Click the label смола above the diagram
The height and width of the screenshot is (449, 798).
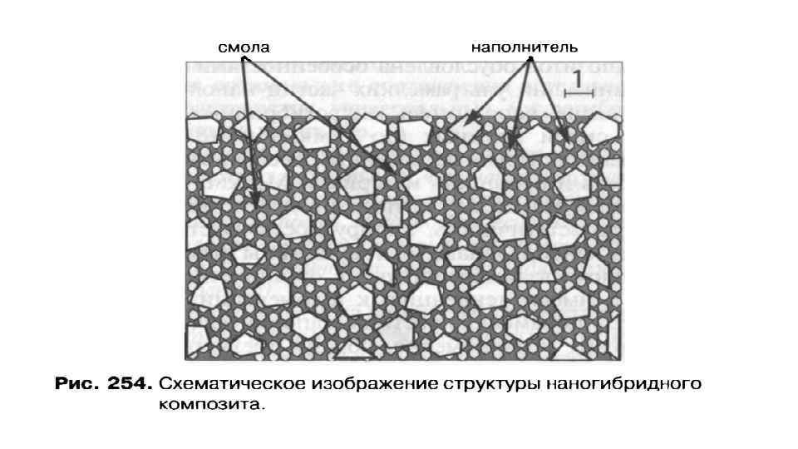(244, 47)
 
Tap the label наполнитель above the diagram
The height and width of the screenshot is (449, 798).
(525, 47)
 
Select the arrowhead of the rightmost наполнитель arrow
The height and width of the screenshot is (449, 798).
(568, 139)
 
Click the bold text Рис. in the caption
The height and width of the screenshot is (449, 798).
(77, 385)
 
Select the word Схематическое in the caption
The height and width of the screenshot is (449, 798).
(223, 385)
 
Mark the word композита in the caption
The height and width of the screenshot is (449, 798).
(210, 407)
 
